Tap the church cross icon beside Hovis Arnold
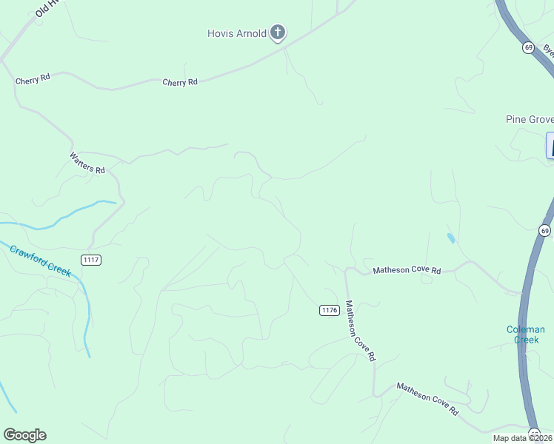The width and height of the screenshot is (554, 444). (x=278, y=33)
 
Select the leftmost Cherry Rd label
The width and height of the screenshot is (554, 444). (x=33, y=78)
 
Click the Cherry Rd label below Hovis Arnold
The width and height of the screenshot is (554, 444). (x=180, y=82)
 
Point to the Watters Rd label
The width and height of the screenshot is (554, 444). (x=87, y=163)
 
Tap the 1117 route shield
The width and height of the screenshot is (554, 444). (x=92, y=260)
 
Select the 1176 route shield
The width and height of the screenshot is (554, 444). (x=330, y=310)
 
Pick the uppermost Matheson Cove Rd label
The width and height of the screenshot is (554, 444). (x=406, y=271)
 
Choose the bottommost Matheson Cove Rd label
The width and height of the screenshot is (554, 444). (x=427, y=397)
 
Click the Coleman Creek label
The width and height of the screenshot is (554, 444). (x=526, y=334)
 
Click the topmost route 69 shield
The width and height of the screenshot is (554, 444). (x=527, y=47)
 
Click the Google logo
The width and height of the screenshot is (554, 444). (x=24, y=435)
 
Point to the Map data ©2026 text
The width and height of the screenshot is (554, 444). (x=523, y=438)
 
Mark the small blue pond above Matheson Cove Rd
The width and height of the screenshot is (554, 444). (x=451, y=238)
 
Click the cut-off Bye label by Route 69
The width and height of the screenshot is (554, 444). (x=548, y=50)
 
